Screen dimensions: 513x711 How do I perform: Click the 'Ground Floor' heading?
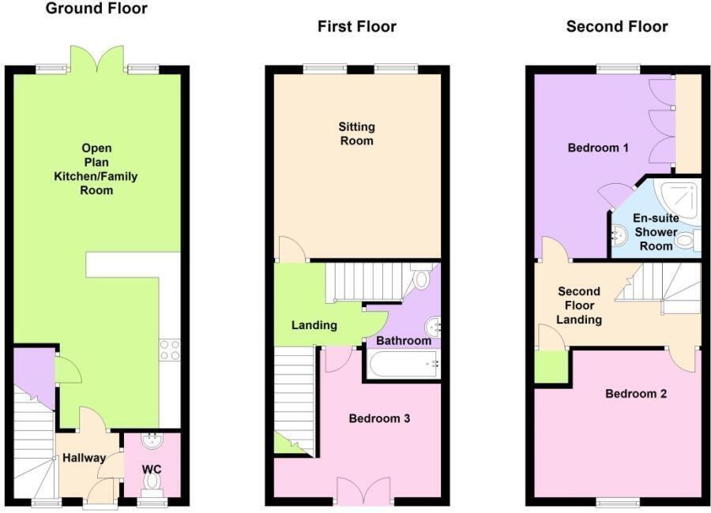click(x=96, y=9)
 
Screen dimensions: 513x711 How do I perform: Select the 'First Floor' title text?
click(x=356, y=27)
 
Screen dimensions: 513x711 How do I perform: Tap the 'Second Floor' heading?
click(x=617, y=27)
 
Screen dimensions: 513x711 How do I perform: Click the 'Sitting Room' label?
click(x=356, y=133)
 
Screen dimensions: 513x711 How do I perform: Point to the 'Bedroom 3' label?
click(x=379, y=418)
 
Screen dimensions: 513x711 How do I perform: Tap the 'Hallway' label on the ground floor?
click(x=84, y=457)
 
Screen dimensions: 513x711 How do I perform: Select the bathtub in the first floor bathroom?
click(x=401, y=365)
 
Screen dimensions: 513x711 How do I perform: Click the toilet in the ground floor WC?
click(x=152, y=480)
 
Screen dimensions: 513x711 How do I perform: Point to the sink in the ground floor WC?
click(x=150, y=441)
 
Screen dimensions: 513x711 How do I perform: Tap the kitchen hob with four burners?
click(x=170, y=350)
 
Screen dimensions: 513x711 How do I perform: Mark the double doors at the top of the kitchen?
click(x=96, y=59)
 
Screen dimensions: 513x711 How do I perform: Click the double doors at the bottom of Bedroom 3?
click(x=363, y=491)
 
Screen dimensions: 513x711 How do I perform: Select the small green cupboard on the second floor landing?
click(x=551, y=366)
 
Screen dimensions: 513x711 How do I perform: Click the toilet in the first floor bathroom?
click(x=421, y=278)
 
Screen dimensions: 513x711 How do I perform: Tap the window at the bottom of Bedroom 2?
click(x=617, y=502)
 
